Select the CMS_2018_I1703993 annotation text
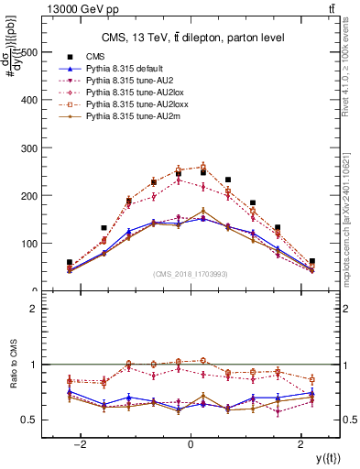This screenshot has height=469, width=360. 191,274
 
